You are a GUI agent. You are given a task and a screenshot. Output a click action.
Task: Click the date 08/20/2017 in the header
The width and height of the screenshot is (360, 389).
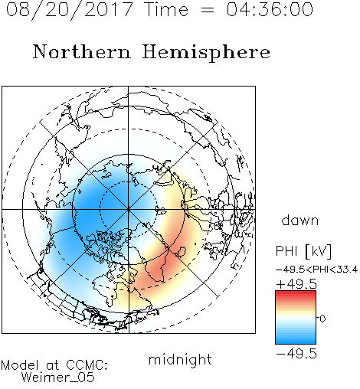click(69, 10)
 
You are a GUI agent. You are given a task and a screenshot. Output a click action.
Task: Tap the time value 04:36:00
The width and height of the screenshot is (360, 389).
click(270, 10)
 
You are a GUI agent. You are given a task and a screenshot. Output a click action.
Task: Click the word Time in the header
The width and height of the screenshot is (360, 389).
click(166, 10)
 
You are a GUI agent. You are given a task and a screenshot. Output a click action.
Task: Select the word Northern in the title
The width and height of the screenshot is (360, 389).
click(82, 51)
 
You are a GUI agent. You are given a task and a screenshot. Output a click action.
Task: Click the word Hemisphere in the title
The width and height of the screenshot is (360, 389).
click(206, 52)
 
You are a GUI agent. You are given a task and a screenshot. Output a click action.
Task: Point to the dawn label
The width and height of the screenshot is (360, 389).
click(300, 220)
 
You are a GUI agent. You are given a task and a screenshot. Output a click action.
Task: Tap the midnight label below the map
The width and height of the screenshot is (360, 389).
click(180, 359)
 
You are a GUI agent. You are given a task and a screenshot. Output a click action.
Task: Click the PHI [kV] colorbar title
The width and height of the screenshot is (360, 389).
click(303, 251)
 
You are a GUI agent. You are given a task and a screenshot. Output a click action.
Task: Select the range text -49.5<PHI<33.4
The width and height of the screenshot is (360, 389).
click(316, 270)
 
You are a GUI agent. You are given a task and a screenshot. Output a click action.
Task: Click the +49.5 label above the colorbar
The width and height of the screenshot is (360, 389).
click(296, 284)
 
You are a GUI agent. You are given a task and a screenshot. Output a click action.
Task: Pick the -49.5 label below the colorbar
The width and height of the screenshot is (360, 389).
click(296, 354)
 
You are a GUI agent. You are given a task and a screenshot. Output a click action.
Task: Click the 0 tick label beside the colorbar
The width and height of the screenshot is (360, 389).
click(322, 319)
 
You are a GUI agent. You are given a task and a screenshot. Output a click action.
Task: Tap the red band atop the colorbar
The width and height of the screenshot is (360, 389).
click(296, 294)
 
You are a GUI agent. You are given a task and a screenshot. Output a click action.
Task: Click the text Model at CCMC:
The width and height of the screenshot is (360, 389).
click(54, 365)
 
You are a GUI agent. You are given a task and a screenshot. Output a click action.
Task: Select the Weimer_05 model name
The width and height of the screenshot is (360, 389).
click(58, 378)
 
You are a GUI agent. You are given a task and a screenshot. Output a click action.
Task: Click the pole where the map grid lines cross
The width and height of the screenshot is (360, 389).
click(128, 210)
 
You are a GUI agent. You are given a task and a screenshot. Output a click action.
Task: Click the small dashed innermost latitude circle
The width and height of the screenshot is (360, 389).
click(128, 182)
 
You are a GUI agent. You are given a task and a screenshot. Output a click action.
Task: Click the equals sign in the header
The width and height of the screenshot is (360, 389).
click(208, 10)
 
